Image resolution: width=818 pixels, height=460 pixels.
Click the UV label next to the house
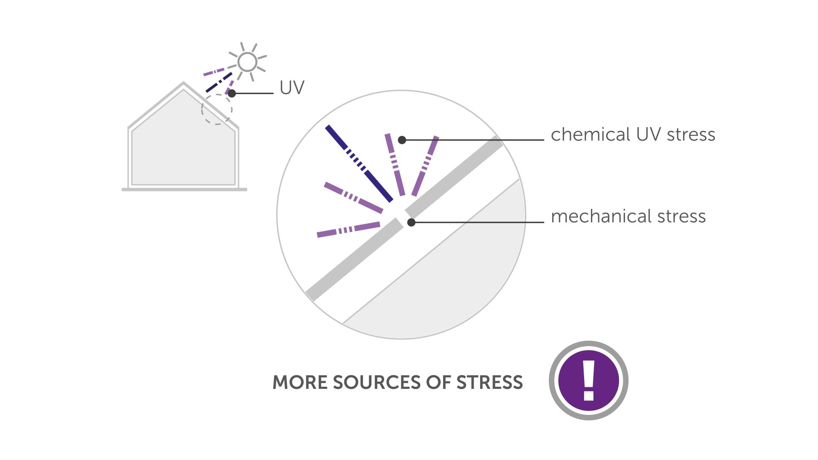pyautogui.click(x=292, y=88)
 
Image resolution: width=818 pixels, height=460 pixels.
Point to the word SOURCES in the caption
pyautogui.click(x=377, y=382)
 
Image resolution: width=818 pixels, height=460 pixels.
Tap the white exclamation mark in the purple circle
pyautogui.click(x=589, y=381)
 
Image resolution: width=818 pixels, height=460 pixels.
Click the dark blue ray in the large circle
pyautogui.click(x=359, y=164)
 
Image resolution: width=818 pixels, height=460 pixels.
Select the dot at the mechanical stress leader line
pyautogui.click(x=411, y=222)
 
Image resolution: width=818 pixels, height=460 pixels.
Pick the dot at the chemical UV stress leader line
pyautogui.click(x=402, y=140)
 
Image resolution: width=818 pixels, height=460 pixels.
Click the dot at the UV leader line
pyautogui.click(x=232, y=93)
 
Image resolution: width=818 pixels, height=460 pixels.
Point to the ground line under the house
pyautogui.click(x=184, y=190)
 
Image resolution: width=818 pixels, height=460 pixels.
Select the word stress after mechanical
pyautogui.click(x=682, y=217)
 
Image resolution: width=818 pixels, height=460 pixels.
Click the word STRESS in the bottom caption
pyautogui.click(x=490, y=382)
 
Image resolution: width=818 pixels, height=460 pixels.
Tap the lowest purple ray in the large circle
pyautogui.click(x=349, y=230)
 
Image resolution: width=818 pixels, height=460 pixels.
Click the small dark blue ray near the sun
pyautogui.click(x=219, y=82)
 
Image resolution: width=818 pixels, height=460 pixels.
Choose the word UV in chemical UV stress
pyautogui.click(x=649, y=134)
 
